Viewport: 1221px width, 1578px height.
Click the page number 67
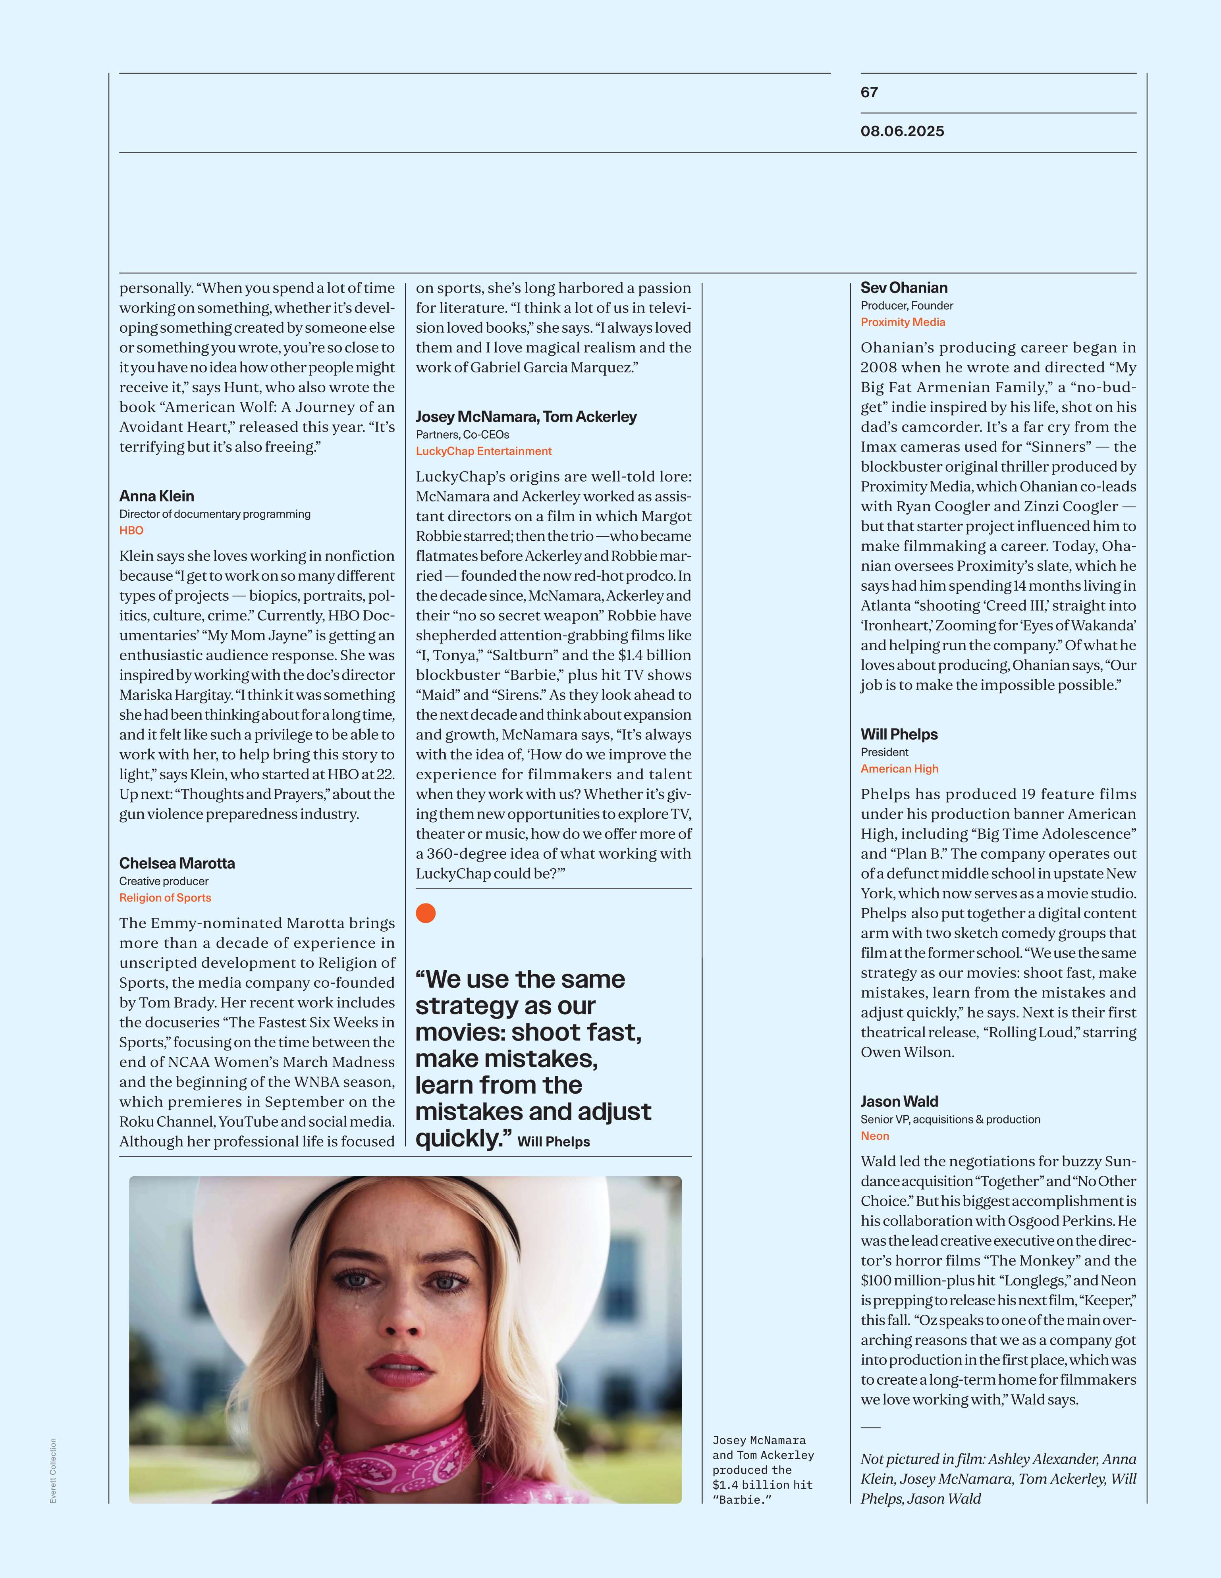coord(869,92)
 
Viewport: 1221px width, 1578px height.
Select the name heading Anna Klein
coord(157,496)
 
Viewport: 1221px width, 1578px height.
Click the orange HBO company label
coord(131,530)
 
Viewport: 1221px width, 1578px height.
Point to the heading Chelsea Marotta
coord(177,863)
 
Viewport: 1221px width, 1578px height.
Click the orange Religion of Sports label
coord(166,898)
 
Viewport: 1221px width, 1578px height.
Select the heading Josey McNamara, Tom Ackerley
coord(526,417)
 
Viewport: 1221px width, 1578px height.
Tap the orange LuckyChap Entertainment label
coord(483,451)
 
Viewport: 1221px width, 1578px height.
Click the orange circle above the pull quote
coord(426,913)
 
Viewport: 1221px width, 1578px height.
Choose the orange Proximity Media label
coord(903,322)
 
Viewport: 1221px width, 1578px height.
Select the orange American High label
coord(899,769)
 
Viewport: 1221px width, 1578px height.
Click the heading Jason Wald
coord(899,1102)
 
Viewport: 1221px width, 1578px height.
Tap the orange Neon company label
coord(874,1136)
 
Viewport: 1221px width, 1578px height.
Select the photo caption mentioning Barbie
coord(762,1470)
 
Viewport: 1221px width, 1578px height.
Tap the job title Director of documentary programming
coord(214,514)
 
